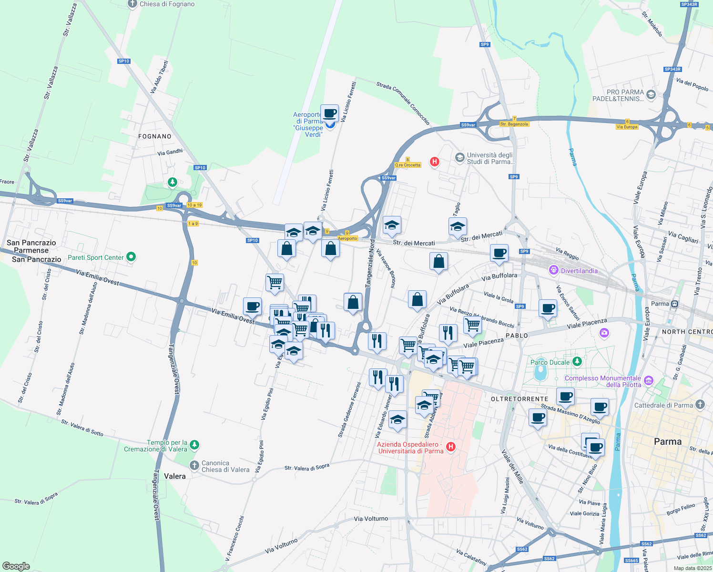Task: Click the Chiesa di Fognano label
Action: (x=167, y=4)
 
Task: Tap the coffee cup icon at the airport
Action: (x=329, y=114)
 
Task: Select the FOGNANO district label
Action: (x=154, y=136)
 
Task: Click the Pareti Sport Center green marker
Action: (x=131, y=257)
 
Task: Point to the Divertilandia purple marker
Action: (x=553, y=271)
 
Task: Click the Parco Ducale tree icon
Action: (x=577, y=362)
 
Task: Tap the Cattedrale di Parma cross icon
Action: (x=700, y=405)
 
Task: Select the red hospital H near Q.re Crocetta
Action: (x=434, y=162)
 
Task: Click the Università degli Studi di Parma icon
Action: (x=459, y=158)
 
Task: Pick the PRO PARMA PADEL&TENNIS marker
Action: (x=651, y=95)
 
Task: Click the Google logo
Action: (x=16, y=566)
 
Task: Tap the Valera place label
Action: (x=174, y=476)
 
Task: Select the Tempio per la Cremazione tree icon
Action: (x=194, y=445)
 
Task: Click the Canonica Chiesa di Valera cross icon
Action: (x=194, y=466)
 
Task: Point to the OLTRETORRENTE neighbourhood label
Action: (x=519, y=399)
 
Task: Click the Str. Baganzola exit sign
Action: (x=514, y=124)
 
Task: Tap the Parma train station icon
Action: (x=674, y=304)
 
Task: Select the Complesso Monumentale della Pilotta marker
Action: (x=648, y=380)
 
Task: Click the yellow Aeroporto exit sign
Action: (x=347, y=238)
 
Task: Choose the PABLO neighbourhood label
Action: (x=517, y=336)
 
